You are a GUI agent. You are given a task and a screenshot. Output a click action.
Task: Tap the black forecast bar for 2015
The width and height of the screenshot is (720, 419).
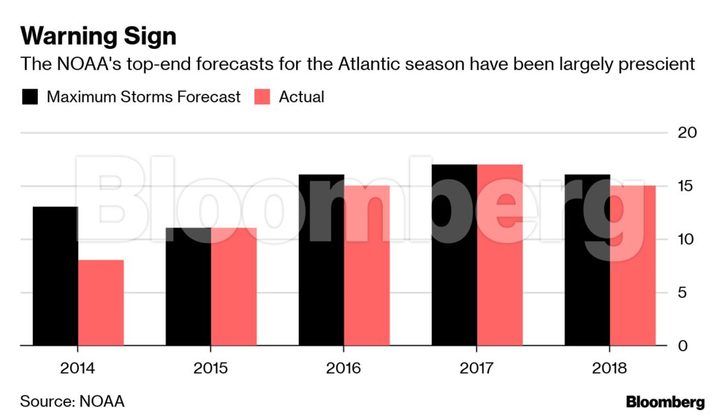tap(188, 286)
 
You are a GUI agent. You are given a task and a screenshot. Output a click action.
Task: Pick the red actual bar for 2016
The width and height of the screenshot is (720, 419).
tap(367, 265)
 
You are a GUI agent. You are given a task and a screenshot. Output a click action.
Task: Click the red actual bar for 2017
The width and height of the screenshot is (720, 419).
tap(499, 255)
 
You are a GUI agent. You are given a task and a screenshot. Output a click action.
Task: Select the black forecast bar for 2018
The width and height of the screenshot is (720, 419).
tap(587, 260)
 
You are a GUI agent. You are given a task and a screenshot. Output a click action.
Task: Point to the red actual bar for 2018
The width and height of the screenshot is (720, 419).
tap(633, 265)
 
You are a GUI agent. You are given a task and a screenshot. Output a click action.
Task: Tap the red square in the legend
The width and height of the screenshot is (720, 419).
tap(262, 97)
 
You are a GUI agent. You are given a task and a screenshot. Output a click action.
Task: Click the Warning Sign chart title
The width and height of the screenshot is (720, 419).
tap(98, 36)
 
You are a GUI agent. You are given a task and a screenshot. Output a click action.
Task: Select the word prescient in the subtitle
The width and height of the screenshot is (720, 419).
tap(654, 65)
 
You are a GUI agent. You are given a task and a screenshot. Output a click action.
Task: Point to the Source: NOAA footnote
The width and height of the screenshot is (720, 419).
tap(72, 402)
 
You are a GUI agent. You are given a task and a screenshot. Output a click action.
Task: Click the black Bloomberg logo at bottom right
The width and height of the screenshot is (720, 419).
tap(665, 402)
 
